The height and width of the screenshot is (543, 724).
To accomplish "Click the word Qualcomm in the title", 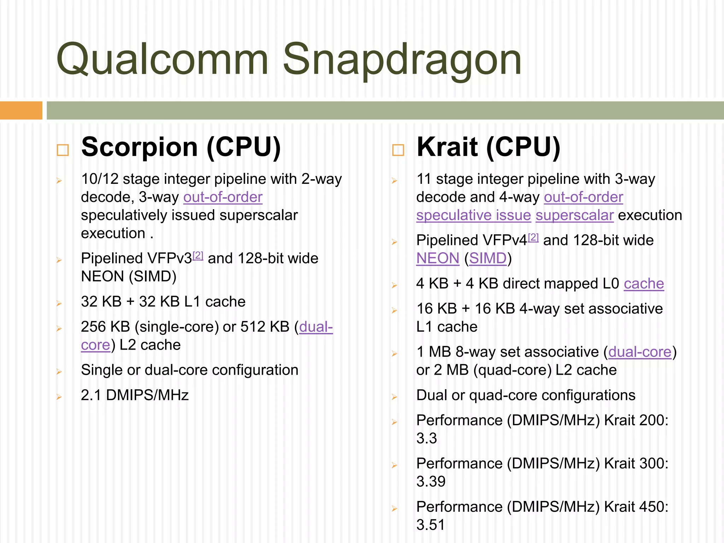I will pos(162,59).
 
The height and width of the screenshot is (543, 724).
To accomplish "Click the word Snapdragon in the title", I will pos(402,59).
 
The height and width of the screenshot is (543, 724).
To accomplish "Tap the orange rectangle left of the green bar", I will pos(21,110).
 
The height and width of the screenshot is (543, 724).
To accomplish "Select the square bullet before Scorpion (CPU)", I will pos(63,150).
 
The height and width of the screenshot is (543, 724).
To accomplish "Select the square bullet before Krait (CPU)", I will pos(398,150).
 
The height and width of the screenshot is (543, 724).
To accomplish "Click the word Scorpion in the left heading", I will pos(139,147).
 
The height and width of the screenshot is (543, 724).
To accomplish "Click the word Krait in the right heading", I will pos(447,147).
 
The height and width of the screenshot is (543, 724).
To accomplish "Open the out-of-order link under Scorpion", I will pos(223,197).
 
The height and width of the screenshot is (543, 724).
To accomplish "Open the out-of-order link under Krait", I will pos(583,197).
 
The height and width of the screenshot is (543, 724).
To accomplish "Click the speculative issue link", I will pos(473,215).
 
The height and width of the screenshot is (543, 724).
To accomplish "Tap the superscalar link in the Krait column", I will pos(574,215).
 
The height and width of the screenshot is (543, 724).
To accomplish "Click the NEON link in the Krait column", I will pos(438,258).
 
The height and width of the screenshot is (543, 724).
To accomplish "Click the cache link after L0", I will pos(644,284).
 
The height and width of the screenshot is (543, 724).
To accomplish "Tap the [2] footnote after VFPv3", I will pos(198,255).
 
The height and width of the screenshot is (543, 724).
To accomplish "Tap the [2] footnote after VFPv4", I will pos(533,237).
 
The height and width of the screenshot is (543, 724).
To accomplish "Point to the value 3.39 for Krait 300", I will pos(431,481).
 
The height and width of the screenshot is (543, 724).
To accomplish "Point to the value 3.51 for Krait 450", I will pos(431,525).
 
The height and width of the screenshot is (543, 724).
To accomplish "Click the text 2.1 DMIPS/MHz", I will pos(135,395).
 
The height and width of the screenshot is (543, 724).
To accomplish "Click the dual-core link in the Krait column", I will pos(640,352).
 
